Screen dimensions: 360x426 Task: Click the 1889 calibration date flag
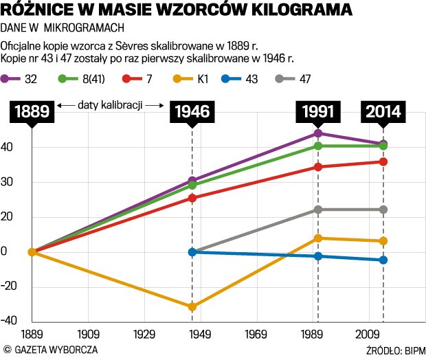coord(32,111)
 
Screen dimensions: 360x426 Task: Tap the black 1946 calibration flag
coord(192,111)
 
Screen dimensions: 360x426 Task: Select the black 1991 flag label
coord(317,111)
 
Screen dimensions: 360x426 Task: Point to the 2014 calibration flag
coord(383,111)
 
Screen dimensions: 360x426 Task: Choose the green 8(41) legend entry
coord(82,78)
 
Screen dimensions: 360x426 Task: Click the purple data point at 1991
coord(317,133)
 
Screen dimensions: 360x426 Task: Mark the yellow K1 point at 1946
coord(192,306)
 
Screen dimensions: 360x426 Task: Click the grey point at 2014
coord(383,210)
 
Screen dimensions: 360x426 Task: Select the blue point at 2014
coord(383,260)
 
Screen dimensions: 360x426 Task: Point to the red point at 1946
coord(192,198)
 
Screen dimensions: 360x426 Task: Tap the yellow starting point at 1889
coord(32,252)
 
